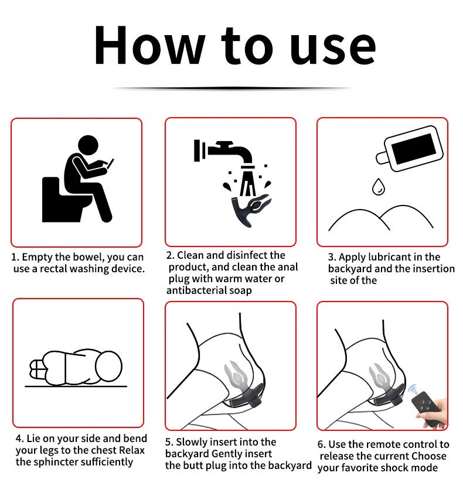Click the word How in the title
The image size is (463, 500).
click(x=149, y=46)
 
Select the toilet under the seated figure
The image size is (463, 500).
click(x=62, y=199)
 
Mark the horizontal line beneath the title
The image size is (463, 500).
click(x=231, y=88)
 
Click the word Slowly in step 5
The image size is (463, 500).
click(x=193, y=442)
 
